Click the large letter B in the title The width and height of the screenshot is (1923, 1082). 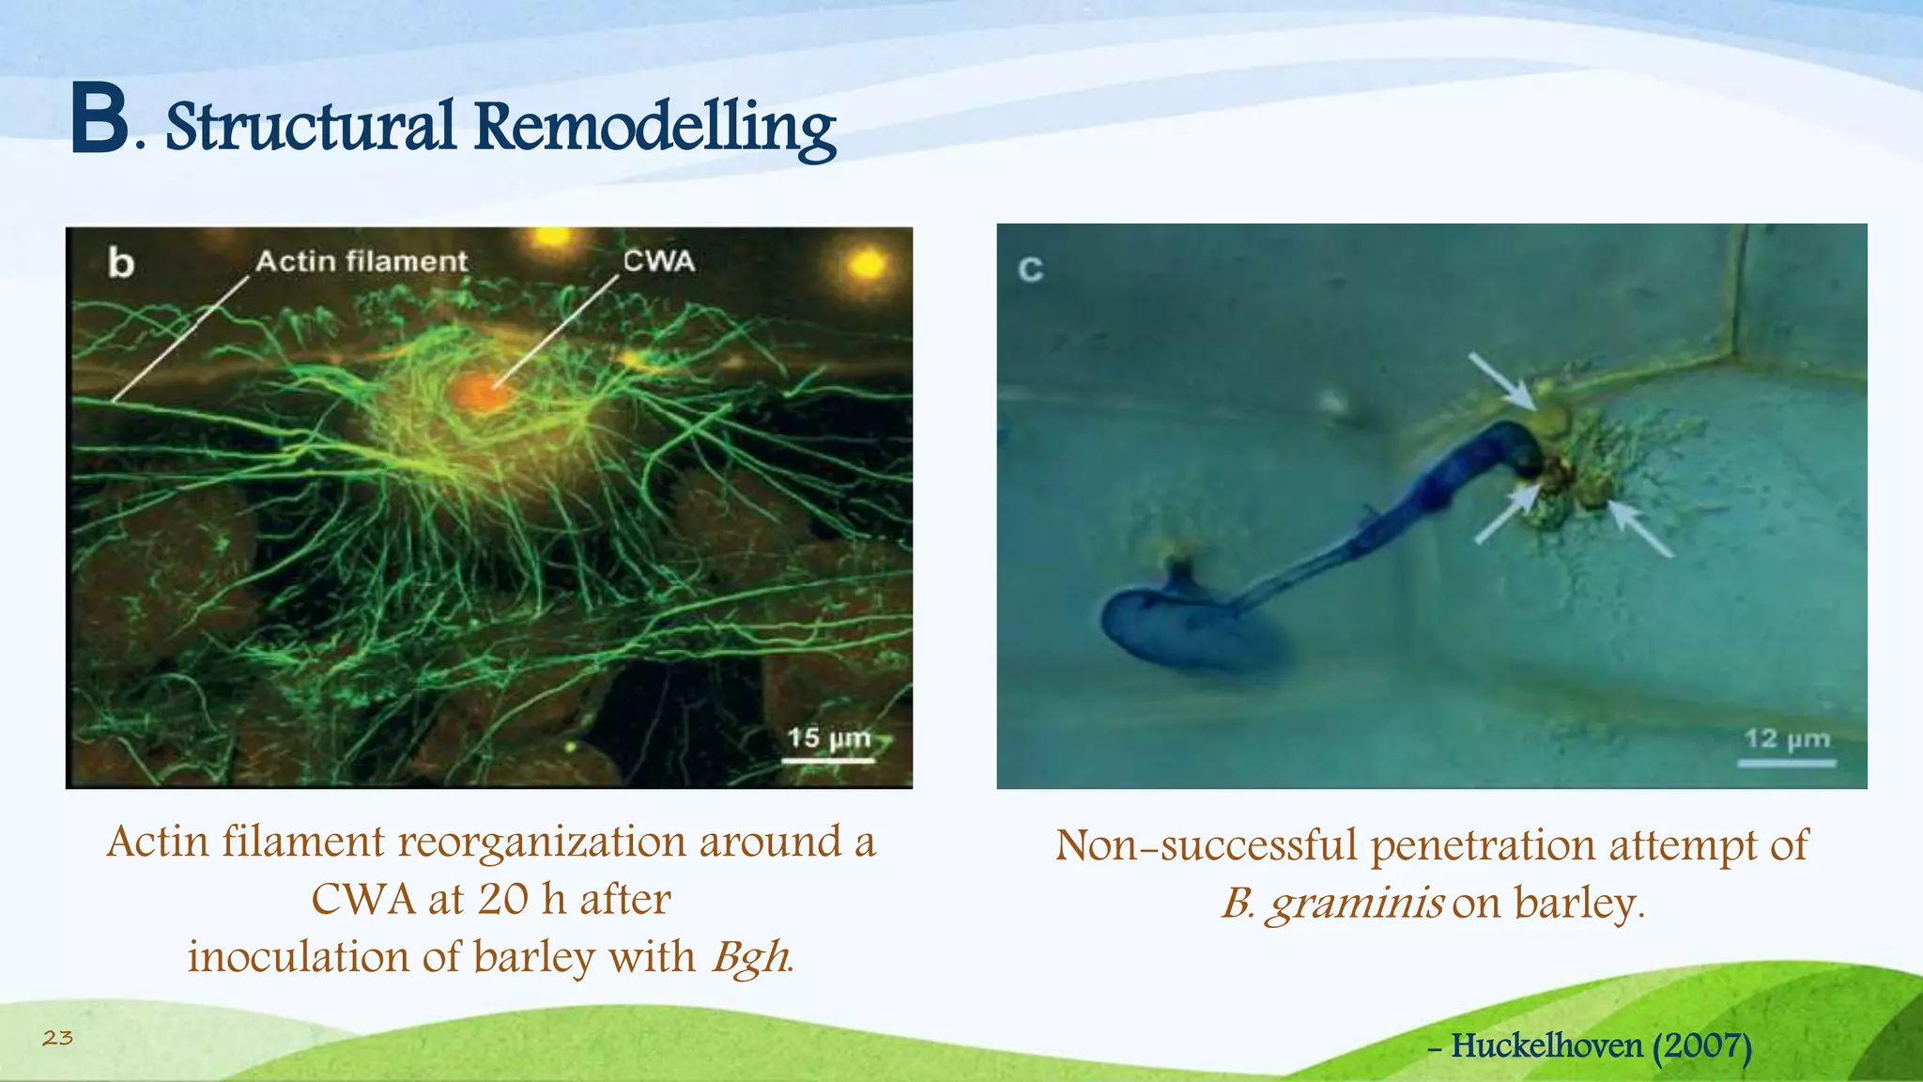coord(100,120)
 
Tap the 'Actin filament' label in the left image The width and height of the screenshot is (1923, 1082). coord(362,261)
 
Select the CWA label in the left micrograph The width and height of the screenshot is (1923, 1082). coord(658,261)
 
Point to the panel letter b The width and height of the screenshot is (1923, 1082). coord(121,263)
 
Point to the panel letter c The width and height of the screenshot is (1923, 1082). coord(1030,270)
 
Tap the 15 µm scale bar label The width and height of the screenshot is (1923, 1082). coord(828,738)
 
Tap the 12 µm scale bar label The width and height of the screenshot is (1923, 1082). coord(1787,739)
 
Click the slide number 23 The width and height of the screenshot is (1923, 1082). coord(57,1038)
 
